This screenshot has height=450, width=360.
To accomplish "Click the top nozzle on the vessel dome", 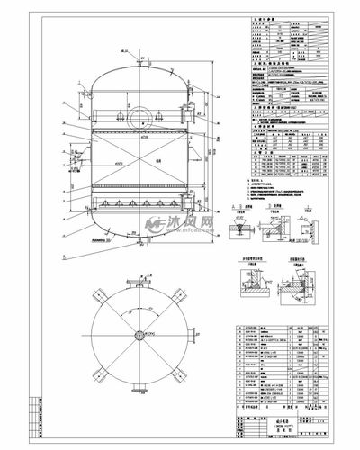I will pos(141,62).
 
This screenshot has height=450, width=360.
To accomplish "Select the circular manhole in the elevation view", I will pos(140,117).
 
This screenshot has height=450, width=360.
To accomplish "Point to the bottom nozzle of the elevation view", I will pos(141,253).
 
